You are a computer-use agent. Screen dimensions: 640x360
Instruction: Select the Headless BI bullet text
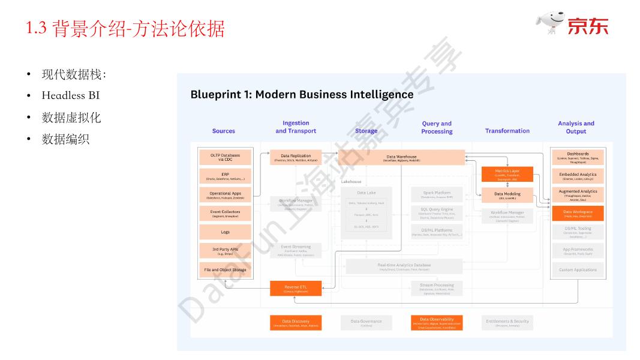point(70,95)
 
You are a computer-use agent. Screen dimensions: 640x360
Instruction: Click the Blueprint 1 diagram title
point(302,94)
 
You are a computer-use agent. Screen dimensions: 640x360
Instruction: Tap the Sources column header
point(224,131)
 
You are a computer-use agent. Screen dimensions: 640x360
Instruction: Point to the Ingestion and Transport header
point(296,127)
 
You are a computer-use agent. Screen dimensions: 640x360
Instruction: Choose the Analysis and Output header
point(576,127)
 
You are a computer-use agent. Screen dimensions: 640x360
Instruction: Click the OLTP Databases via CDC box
point(225,158)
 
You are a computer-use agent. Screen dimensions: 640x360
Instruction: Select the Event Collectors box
point(225,214)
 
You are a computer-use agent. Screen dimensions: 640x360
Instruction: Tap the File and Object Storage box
point(225,270)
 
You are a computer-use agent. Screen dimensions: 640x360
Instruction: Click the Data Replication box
point(296,158)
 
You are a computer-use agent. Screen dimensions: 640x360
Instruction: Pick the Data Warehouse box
point(401,158)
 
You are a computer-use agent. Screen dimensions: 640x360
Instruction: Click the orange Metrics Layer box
point(507,174)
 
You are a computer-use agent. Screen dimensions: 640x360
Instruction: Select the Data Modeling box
point(507,196)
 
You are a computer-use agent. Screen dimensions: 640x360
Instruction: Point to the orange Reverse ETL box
point(296,289)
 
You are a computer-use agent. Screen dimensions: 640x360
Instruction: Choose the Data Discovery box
point(296,323)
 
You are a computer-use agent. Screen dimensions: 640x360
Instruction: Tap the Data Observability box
point(437,323)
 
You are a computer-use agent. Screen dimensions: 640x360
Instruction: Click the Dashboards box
point(578,157)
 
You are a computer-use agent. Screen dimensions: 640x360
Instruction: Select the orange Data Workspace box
point(578,214)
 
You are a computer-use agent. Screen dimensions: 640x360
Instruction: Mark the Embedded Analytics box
point(578,176)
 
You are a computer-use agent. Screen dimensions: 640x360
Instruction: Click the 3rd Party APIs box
point(225,251)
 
